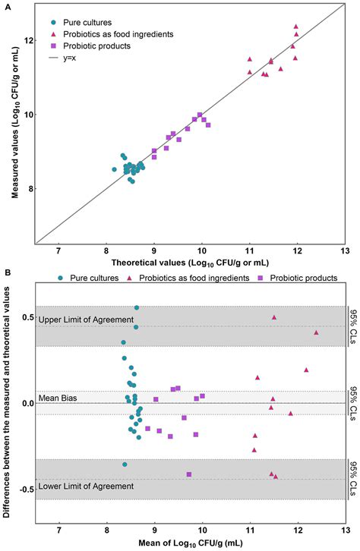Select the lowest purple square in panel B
click(188, 474)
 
